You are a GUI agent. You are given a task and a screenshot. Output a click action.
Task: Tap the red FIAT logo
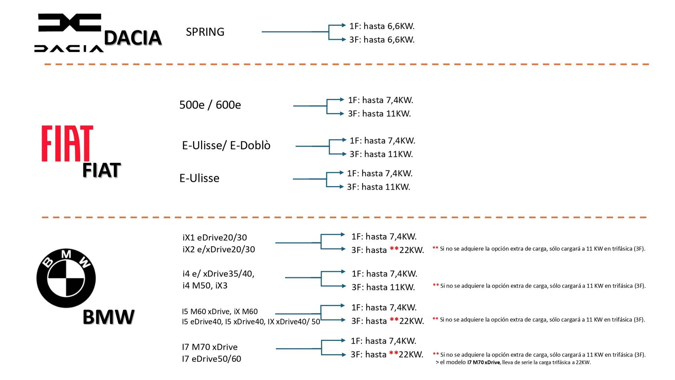pyautogui.click(x=67, y=143)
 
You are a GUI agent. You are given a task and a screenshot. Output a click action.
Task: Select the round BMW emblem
pyautogui.click(x=66, y=278)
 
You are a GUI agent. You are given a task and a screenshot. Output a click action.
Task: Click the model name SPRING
pyautogui.click(x=205, y=32)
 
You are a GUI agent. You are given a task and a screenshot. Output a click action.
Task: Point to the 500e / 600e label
pyautogui.click(x=210, y=105)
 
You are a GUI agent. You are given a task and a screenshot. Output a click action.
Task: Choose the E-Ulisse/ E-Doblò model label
pyautogui.click(x=226, y=145)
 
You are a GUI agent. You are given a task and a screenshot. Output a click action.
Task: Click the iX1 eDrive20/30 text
pyautogui.click(x=214, y=237)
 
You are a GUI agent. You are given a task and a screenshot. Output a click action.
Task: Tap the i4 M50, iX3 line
pyautogui.click(x=205, y=285)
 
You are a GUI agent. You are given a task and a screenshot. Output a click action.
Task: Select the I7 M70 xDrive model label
pyautogui.click(x=210, y=347)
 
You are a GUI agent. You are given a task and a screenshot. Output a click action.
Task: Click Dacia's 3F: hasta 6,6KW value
pyautogui.click(x=382, y=40)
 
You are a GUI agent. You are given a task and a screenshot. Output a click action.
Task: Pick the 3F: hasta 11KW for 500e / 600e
pyautogui.click(x=379, y=114)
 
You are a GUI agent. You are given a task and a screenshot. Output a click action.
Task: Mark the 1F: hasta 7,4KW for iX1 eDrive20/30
pyautogui.click(x=384, y=236)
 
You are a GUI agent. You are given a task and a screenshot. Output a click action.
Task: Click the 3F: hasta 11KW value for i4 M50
pyautogui.click(x=383, y=287)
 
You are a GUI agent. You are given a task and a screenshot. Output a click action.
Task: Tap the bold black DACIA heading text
pyautogui.click(x=133, y=38)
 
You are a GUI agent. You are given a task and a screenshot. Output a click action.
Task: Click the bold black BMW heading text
pyautogui.click(x=108, y=317)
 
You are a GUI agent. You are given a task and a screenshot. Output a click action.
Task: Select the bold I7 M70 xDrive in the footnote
pyautogui.click(x=483, y=362)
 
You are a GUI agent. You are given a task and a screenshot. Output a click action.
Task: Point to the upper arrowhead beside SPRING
pyautogui.click(x=344, y=25)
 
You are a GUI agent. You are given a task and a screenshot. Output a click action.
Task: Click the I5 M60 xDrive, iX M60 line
pyautogui.click(x=220, y=311)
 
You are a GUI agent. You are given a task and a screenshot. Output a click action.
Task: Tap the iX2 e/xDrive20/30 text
pyautogui.click(x=219, y=249)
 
